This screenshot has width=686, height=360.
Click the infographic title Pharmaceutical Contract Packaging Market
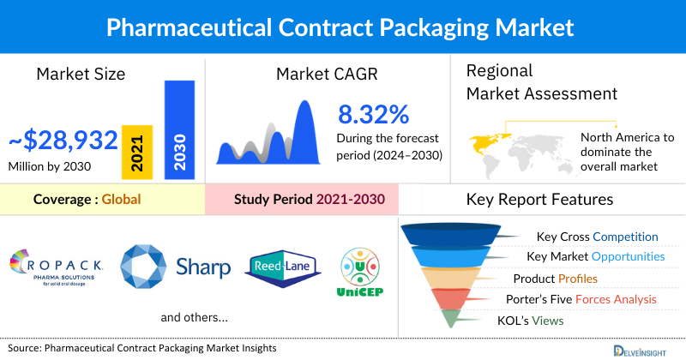click(342, 26)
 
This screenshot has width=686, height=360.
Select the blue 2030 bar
click(179, 129)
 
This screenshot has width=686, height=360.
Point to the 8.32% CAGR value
click(373, 114)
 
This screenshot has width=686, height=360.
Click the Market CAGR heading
click(322, 74)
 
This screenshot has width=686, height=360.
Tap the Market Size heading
click(81, 74)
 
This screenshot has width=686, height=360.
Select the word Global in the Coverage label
click(121, 200)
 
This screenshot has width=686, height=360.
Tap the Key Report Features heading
click(539, 200)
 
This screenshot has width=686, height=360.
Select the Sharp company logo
click(176, 267)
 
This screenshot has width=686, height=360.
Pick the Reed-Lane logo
click(284, 267)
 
